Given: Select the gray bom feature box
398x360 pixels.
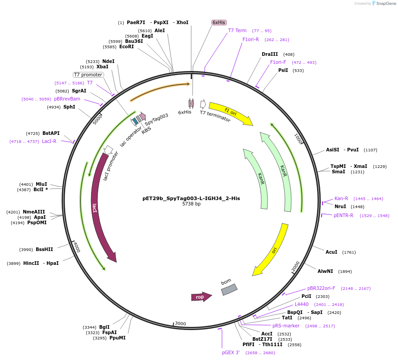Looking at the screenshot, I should [x=229, y=289].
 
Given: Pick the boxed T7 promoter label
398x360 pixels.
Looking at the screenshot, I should [x=88, y=75].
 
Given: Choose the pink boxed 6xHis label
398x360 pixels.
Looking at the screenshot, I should [x=219, y=22].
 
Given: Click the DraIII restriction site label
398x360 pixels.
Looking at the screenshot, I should [x=270, y=54].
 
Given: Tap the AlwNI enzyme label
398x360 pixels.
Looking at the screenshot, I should [x=325, y=271].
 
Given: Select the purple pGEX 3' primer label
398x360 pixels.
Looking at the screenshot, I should [x=231, y=352].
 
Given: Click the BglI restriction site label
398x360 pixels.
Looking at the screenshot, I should [x=104, y=327].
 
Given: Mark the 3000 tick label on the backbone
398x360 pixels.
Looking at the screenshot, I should [x=180, y=323].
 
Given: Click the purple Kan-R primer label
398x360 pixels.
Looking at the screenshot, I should [x=341, y=198].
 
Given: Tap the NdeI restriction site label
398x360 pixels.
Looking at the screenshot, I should [x=108, y=61].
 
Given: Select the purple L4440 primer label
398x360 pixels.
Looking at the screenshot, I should [x=302, y=304].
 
